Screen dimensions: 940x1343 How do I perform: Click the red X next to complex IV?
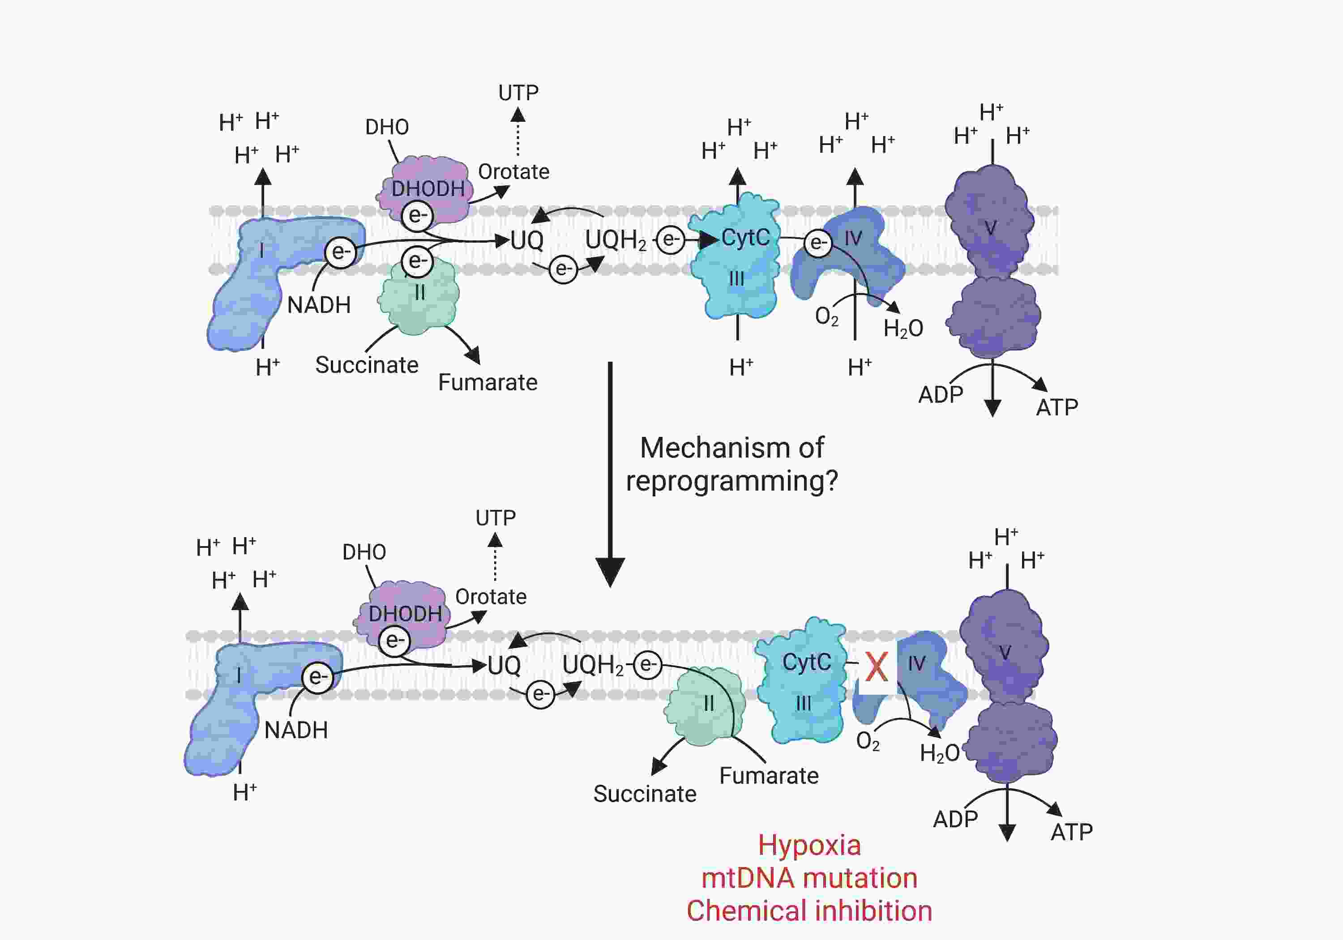pos(876,667)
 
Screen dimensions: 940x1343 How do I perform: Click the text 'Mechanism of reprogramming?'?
pos(732,464)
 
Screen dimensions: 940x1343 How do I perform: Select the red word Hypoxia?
pos(809,845)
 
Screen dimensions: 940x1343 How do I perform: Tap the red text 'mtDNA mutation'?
pos(809,878)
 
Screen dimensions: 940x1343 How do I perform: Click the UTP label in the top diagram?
pos(518,92)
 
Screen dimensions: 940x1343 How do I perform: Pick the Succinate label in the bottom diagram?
pos(645,794)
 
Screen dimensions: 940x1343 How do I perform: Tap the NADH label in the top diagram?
pos(319,305)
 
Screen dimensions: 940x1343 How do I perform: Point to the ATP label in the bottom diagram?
pos(1072,832)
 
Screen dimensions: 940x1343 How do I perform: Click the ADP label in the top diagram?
pos(941,395)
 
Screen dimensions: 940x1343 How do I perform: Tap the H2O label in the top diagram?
pos(903,329)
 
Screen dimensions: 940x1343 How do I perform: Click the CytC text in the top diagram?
pos(745,238)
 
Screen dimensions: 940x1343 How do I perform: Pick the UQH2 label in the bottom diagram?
pos(593,665)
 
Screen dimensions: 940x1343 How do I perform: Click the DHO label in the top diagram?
pos(387,127)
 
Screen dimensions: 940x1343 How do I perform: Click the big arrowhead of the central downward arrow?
pos(610,572)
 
